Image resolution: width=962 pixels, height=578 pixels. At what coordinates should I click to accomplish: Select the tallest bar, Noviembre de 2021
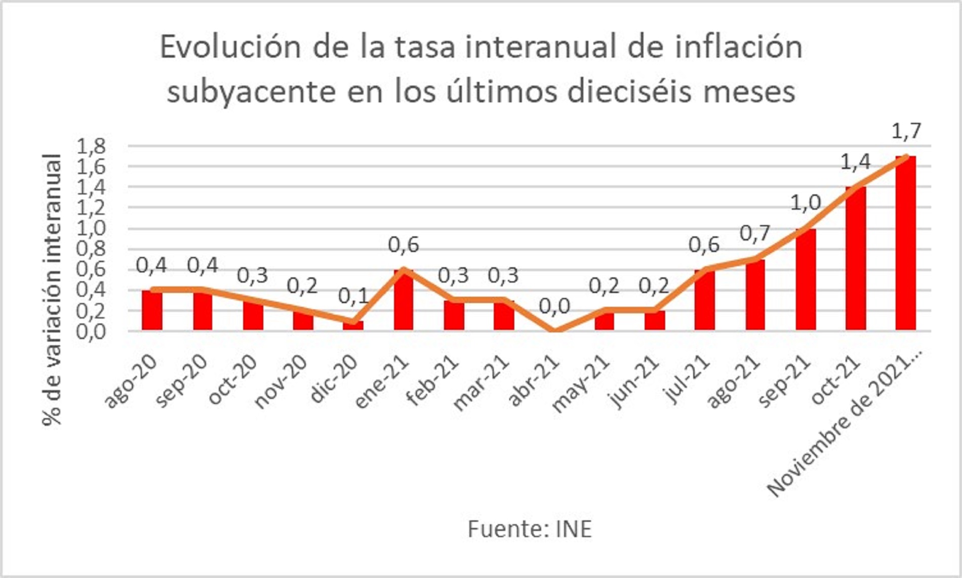coord(905,243)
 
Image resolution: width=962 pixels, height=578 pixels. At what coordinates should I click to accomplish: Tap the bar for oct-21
coord(856,259)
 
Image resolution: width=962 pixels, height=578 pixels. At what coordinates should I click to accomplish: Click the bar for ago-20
coord(152,310)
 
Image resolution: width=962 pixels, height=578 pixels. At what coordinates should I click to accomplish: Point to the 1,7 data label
coord(906,132)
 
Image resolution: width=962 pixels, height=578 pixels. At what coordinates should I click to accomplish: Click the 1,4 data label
coord(856,162)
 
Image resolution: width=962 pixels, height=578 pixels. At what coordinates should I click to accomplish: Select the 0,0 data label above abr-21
coord(554,306)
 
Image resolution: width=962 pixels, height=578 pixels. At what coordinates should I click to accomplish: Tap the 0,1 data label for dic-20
coord(353,297)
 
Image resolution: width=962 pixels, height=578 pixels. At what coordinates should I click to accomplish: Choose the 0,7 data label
coord(755,234)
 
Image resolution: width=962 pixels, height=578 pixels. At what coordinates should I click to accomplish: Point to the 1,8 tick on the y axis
coord(91,147)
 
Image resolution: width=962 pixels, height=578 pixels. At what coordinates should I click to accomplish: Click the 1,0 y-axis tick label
coord(91,228)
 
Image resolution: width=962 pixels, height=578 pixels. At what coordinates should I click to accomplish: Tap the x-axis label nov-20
coord(282,382)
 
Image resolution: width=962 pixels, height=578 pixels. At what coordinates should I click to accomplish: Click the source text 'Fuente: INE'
coord(530,529)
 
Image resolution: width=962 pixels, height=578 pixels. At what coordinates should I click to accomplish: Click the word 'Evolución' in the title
coord(230,47)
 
